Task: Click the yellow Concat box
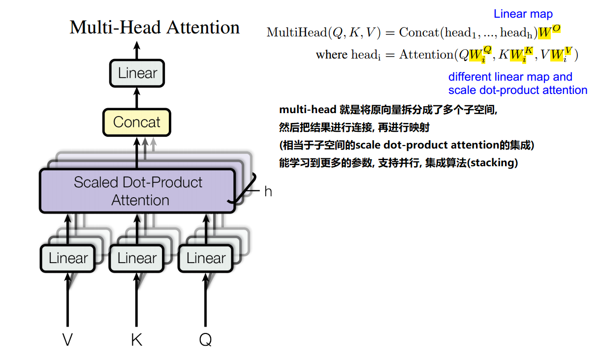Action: [x=136, y=122]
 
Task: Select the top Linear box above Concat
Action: [x=137, y=74]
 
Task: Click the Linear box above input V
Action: [x=67, y=258]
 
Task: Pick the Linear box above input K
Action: [x=136, y=258]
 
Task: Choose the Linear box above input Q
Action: [x=205, y=258]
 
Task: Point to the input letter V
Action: [x=68, y=339]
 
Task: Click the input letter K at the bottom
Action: [x=136, y=339]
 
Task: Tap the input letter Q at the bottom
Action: [x=205, y=339]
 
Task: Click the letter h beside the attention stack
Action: [x=268, y=192]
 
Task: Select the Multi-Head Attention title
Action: [x=155, y=27]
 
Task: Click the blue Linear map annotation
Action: [x=523, y=14]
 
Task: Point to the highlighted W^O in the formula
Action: [x=549, y=32]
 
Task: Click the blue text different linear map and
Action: [x=510, y=77]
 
